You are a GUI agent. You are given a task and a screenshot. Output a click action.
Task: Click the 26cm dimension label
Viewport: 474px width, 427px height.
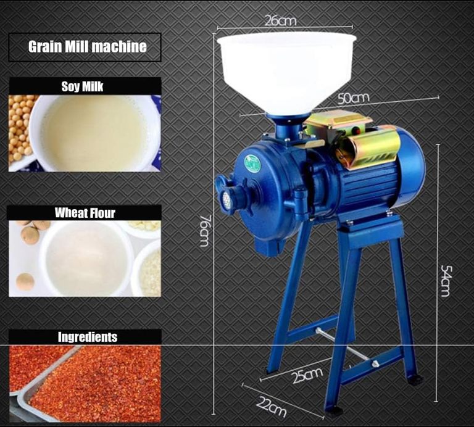(x=281, y=20)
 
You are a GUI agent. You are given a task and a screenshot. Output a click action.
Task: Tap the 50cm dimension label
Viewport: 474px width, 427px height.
(x=354, y=98)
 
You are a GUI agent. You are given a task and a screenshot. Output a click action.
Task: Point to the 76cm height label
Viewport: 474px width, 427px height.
(x=205, y=231)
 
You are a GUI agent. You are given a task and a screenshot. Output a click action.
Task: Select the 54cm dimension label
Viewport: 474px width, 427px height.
(x=446, y=280)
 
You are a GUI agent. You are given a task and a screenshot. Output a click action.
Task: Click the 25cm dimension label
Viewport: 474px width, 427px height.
(x=307, y=375)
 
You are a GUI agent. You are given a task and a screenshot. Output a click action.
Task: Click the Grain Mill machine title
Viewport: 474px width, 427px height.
(x=88, y=46)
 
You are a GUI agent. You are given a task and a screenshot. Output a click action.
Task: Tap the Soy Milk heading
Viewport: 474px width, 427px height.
(x=82, y=86)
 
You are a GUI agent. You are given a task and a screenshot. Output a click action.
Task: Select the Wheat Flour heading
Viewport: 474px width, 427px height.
(x=85, y=213)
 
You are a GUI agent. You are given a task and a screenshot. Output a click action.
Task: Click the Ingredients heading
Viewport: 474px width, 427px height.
(x=88, y=337)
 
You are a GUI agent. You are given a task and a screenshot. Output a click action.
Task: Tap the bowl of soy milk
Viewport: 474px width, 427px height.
(x=94, y=133)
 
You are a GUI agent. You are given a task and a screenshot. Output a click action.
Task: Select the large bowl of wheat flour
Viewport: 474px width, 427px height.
(x=86, y=259)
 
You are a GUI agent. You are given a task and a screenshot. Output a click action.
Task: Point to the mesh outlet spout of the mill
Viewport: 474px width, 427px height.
(x=227, y=200)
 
